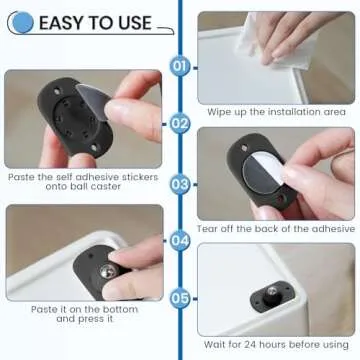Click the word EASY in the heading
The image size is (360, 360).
pyautogui.click(x=63, y=21)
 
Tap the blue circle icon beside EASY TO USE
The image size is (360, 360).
pyautogui.click(x=21, y=21)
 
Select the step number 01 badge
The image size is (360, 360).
pyautogui.click(x=180, y=66)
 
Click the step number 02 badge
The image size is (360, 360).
pyautogui.click(x=180, y=125)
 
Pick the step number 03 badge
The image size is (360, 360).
pyautogui.click(x=180, y=183)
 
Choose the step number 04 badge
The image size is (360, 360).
pyautogui.click(x=180, y=241)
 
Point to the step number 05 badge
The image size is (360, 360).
pyautogui.click(x=180, y=297)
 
